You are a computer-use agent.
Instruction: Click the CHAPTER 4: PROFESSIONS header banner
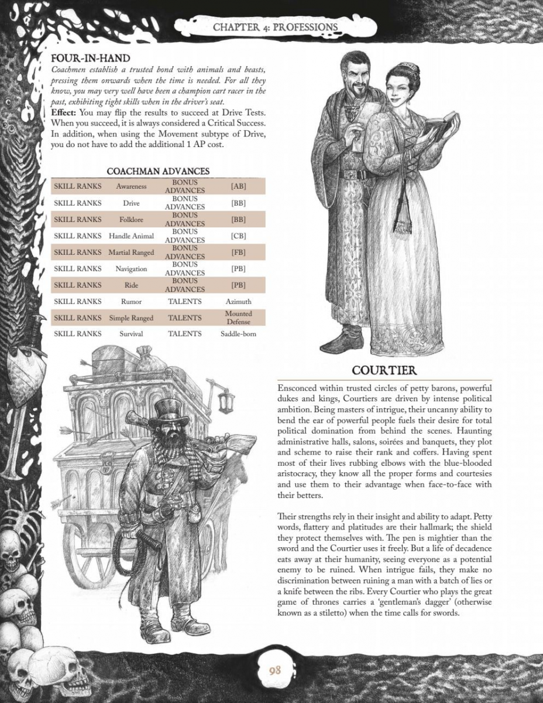click(276, 27)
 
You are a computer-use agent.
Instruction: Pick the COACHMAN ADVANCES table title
click(158, 171)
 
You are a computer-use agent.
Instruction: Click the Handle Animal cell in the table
click(131, 236)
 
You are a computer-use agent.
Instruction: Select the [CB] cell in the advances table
click(238, 236)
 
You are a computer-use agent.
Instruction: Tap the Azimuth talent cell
click(238, 302)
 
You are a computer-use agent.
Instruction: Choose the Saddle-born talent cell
click(238, 334)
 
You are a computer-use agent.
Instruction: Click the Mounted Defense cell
click(238, 318)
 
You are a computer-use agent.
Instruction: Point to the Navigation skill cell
click(131, 269)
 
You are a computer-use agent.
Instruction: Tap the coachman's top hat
click(169, 408)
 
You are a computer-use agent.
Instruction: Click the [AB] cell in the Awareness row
click(238, 186)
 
